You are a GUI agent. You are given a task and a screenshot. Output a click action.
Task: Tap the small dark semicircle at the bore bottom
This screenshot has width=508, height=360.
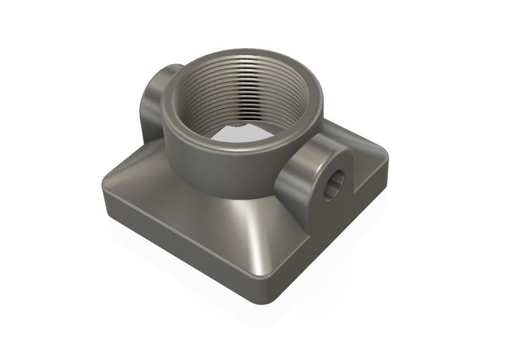tap(236, 124)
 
